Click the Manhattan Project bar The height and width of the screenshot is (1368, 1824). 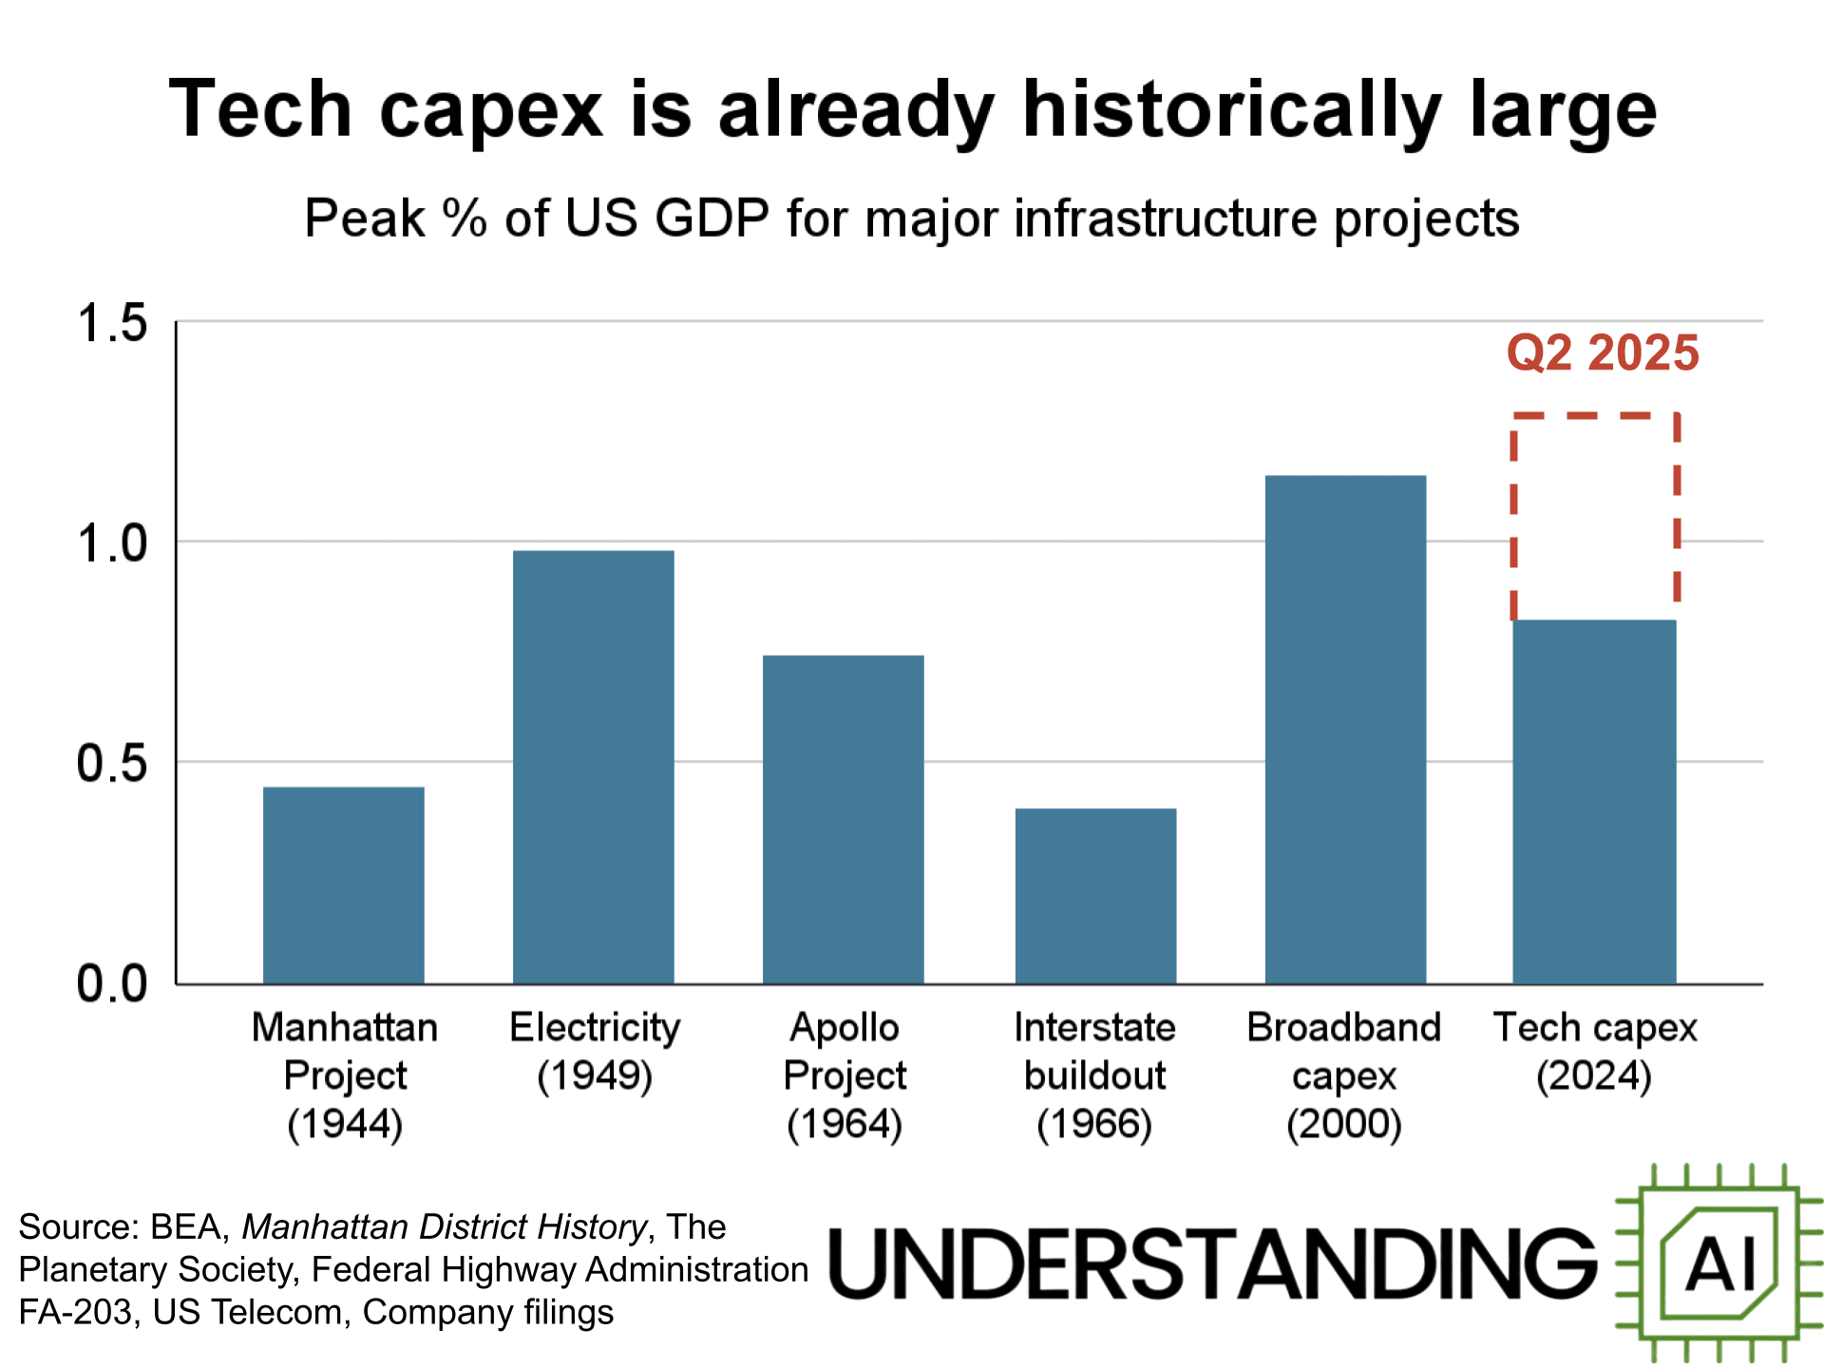(343, 884)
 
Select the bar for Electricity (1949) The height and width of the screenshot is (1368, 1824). (593, 767)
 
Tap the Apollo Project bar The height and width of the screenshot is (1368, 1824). (843, 819)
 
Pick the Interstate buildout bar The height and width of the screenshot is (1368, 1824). (1095, 896)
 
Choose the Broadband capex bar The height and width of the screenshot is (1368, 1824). (1345, 729)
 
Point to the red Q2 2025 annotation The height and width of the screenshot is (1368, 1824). (1603, 353)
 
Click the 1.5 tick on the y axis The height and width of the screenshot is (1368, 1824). (112, 323)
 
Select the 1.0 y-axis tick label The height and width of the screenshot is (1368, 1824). (112, 544)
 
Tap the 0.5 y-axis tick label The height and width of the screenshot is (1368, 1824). (112, 764)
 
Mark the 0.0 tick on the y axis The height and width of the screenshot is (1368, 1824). (112, 984)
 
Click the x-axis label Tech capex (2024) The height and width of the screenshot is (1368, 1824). (1595, 1052)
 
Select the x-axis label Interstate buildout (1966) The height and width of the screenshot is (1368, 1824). (1094, 1075)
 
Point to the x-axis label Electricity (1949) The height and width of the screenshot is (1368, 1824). (595, 1052)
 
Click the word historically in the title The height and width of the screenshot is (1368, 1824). (1231, 111)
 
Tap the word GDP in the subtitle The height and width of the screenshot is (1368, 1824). (712, 218)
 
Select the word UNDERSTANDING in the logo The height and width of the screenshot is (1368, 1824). (1212, 1263)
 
